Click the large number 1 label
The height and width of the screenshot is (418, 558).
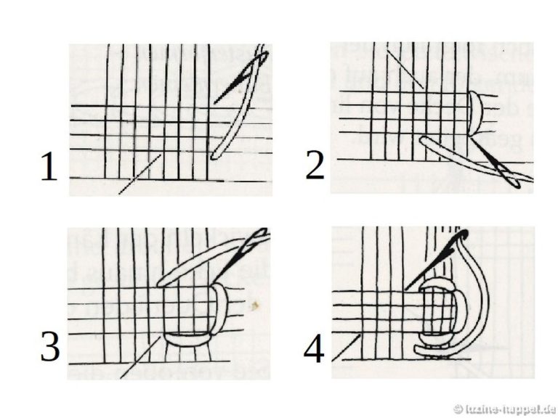pos(49,168)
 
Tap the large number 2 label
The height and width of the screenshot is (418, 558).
pos(315,166)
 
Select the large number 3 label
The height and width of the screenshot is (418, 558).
pos(49,349)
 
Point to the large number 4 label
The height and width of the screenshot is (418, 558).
pos(313,349)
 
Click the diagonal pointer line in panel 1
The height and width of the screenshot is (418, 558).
pos(138,175)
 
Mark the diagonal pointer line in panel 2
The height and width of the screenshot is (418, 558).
pos(404,67)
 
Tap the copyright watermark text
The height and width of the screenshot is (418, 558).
pos(502,409)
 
